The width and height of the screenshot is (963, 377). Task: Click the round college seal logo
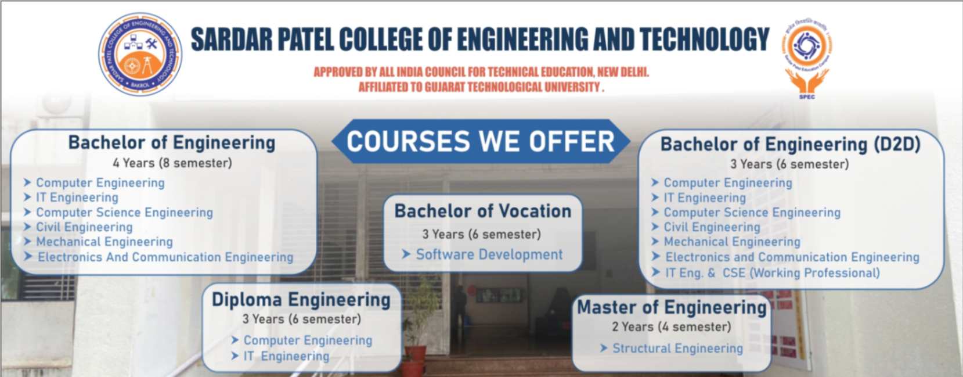[140, 54]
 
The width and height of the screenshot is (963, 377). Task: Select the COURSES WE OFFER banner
[481, 141]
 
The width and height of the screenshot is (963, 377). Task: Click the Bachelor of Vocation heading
[483, 211]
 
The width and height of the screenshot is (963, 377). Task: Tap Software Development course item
[489, 254]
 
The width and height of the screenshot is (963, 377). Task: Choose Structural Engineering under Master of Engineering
[677, 348]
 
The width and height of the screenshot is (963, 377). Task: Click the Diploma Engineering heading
[301, 300]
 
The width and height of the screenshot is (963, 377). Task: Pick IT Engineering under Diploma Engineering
[286, 356]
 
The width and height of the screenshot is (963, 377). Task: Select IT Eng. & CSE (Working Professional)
[773, 273]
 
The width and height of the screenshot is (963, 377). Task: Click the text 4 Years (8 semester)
[172, 163]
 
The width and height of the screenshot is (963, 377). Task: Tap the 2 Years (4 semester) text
[672, 327]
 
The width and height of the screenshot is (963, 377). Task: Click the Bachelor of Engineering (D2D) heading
[790, 145]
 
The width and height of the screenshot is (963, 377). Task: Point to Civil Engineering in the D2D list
[712, 227]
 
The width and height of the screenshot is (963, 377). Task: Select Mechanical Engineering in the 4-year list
[104, 242]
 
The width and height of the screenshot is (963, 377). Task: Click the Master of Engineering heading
[672, 307]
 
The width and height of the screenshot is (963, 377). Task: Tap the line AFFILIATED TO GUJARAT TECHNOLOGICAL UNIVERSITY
[481, 87]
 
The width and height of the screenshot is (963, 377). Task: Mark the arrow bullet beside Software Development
[406, 254]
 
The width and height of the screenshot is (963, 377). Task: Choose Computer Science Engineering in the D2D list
[752, 213]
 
